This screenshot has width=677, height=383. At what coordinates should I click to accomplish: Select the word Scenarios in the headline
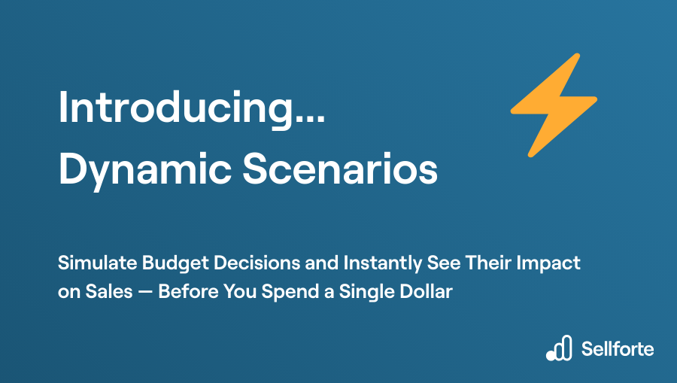(340, 169)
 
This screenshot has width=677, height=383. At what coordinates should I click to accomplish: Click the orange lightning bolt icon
(554, 105)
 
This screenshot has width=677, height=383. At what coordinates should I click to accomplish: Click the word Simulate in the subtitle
(98, 263)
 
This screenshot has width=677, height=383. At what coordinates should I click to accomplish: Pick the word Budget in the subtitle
(175, 263)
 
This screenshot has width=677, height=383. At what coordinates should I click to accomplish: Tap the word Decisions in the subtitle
(257, 263)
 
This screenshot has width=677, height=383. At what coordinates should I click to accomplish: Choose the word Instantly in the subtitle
(383, 263)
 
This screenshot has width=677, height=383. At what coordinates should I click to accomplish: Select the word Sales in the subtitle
(109, 291)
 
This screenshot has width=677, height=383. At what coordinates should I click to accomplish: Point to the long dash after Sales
(145, 292)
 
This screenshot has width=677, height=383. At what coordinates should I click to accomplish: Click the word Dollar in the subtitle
(427, 291)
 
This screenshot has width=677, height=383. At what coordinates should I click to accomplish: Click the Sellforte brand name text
(618, 349)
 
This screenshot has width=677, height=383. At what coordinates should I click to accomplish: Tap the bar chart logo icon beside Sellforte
(559, 348)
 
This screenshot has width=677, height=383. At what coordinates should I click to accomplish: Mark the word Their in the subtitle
(488, 263)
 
